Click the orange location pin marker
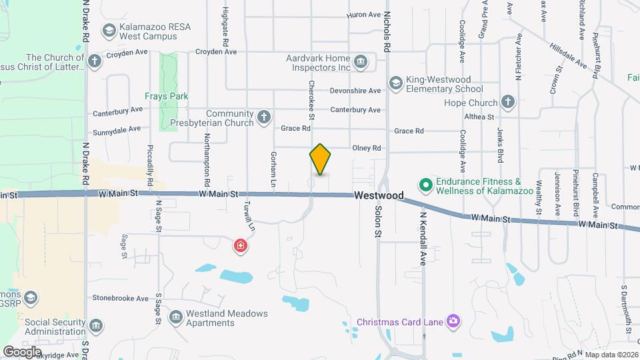[x=320, y=159]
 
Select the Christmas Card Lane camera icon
[x=453, y=322]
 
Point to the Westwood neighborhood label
[x=379, y=196]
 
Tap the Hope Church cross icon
[x=508, y=103]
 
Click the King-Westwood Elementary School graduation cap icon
[x=395, y=83]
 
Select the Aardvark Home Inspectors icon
[x=361, y=62]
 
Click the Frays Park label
[x=168, y=96]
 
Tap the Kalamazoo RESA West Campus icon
[x=109, y=30]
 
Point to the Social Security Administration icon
[x=97, y=326]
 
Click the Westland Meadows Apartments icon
[x=176, y=316]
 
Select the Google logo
[x=22, y=351]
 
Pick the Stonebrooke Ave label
[x=120, y=298]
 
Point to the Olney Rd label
[x=367, y=148]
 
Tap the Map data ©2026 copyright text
[x=611, y=354]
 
